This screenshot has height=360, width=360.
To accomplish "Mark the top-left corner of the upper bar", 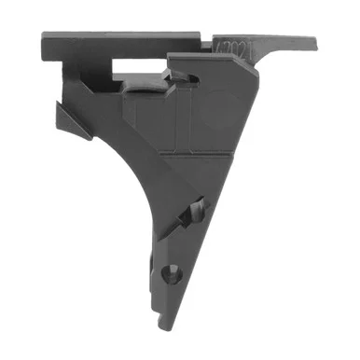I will (x=44, y=35).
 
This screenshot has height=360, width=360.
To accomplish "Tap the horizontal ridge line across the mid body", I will (x=187, y=149).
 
